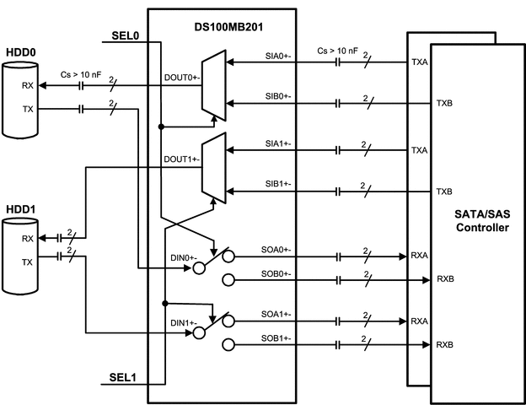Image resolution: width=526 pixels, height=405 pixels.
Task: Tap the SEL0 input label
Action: [x=126, y=38]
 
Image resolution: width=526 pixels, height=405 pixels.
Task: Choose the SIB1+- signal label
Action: [x=274, y=183]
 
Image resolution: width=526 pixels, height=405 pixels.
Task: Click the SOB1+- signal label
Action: [x=274, y=337]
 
